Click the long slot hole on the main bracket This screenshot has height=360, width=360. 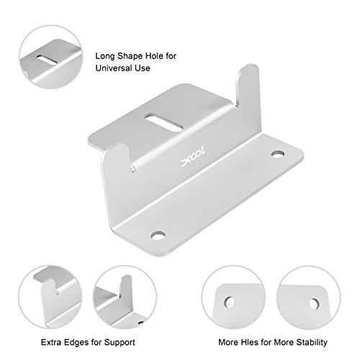coord(160,119)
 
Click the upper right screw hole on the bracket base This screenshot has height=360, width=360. coord(276,154)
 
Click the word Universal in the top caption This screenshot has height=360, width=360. coord(114,70)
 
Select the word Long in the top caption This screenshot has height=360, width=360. coord(104,54)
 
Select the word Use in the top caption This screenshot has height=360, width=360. coord(142,70)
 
